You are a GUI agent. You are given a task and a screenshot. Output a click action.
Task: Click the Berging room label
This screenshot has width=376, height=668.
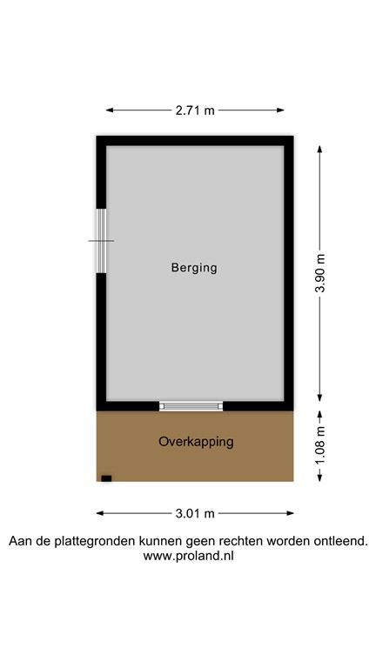coord(194,268)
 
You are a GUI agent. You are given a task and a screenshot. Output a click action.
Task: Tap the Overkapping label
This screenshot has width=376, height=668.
coord(196,442)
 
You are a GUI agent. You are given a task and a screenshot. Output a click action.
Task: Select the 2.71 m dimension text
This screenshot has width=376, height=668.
coord(195,110)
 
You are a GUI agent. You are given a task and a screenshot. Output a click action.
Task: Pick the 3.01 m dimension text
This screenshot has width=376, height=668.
coord(195,513)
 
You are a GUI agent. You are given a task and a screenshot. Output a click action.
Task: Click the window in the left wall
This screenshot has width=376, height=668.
coord(101,241)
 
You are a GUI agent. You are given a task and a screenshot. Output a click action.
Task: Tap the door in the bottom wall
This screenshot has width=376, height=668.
coord(191,405)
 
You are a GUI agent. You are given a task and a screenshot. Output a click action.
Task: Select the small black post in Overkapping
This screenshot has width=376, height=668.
coord(106,478)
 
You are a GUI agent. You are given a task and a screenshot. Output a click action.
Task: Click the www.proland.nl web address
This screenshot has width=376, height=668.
coord(188,556)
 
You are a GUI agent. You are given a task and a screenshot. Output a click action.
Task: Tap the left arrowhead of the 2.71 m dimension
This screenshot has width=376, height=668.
coord(109,110)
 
